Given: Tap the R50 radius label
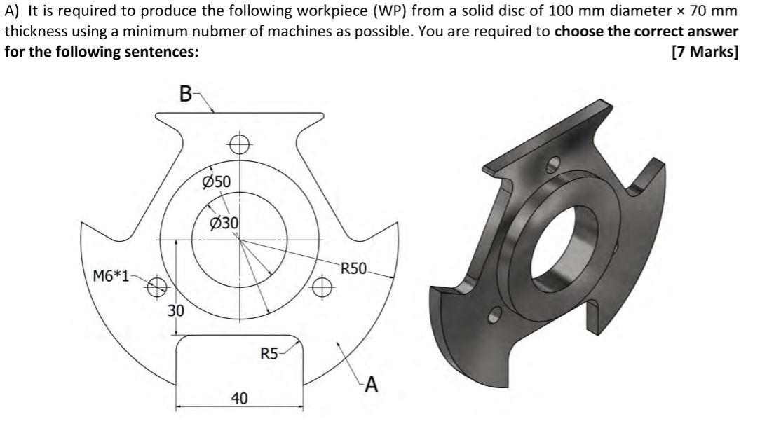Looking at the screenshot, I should pos(354,268).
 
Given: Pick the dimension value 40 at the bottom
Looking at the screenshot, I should pos(239,398).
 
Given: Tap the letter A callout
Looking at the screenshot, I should pos(371,384).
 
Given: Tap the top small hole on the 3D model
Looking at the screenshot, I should pos(553,164).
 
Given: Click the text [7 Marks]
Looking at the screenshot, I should pos(704,53).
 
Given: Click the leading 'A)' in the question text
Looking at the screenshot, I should pos(13,13).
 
